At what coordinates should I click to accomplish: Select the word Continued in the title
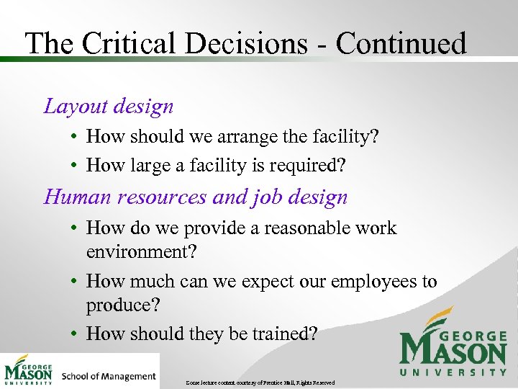tap(401, 43)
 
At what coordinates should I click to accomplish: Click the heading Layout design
tap(109, 107)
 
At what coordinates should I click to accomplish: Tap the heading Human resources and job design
tap(196, 197)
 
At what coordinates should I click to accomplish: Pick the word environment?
tap(141, 251)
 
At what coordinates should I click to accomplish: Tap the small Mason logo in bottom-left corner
tap(29, 370)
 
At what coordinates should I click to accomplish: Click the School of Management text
tap(109, 376)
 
